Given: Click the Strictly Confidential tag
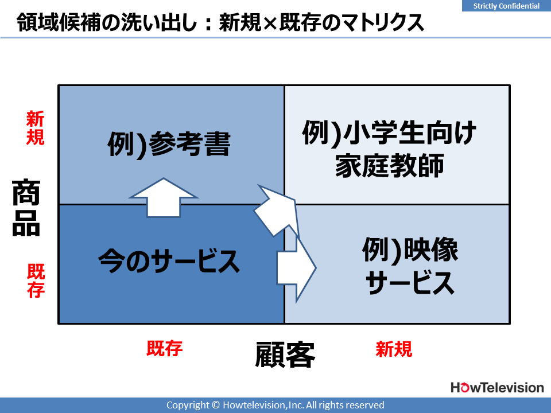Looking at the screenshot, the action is pos(506,6).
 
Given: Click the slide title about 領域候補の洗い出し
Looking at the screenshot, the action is pos(220,22).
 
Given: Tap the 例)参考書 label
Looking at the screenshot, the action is pos(169,143).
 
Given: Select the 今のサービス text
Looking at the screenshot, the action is pos(169,261).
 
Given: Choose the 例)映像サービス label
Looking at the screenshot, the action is pos(410,266).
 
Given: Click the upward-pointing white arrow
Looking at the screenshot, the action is pos(164,198).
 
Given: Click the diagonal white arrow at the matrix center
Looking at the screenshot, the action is pos(276,211).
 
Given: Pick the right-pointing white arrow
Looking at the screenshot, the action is pos(297,268).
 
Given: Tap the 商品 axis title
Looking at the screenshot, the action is pos(26,207).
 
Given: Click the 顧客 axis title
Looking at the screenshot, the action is pos(285,354).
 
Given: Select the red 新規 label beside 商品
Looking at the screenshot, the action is pos(35,128).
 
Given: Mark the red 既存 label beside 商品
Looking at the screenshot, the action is pos(36,281).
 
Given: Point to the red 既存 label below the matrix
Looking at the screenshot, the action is pos(165,349).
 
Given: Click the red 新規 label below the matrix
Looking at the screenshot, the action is pos(394,349).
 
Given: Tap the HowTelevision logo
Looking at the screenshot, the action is pos(497,388).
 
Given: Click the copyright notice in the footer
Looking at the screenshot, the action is pos(275,405).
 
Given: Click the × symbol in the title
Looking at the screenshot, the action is pos(270,22).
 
